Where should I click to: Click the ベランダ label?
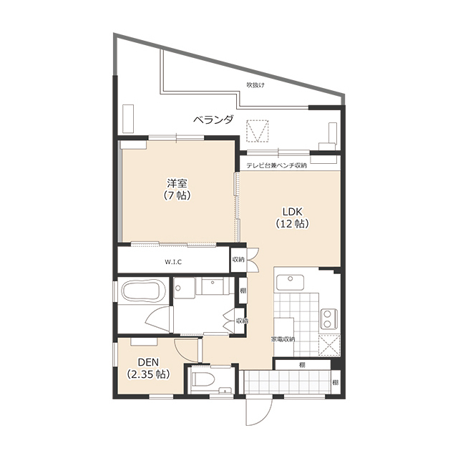coord(214,120)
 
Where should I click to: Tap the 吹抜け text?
coord(255,85)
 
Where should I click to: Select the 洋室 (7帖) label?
coord(177,189)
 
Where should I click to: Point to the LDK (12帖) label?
coord(293,218)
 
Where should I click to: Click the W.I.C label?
coord(173,262)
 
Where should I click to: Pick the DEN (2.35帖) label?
coord(148,368)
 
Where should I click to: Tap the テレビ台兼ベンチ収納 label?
coord(276,165)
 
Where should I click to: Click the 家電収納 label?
coord(283,339)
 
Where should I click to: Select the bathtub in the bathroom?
coord(143,292)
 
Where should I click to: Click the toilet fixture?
coord(203,379)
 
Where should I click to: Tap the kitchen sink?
coord(290,282)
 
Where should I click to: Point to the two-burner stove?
coord(328,318)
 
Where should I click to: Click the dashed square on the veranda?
coord(257,131)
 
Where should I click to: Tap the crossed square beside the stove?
coord(329,345)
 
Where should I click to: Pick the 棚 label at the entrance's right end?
coord(336,382)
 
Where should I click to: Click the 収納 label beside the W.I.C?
coord(238,259)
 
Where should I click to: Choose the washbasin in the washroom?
coord(213,286)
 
